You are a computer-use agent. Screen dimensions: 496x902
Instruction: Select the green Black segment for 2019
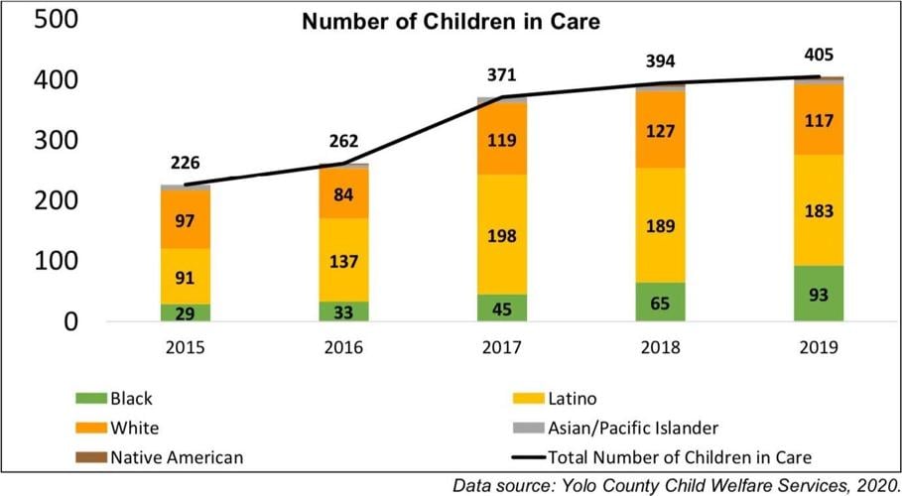[x=819, y=294]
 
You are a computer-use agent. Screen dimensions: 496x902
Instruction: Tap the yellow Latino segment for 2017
[x=502, y=234]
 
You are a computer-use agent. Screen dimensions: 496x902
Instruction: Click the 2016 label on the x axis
[x=343, y=348]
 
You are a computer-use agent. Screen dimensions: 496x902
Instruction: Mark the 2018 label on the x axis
[x=660, y=348]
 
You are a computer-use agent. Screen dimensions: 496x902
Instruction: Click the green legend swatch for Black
[x=89, y=399]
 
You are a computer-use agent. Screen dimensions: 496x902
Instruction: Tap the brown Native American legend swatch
[x=89, y=457]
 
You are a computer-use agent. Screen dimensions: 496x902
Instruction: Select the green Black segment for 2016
[x=343, y=311]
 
